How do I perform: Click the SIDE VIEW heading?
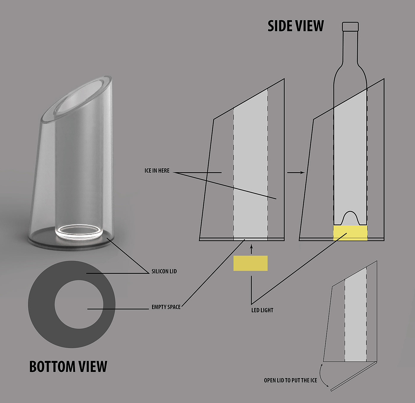click(296, 26)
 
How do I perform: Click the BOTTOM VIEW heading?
click(68, 367)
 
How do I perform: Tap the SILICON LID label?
click(164, 271)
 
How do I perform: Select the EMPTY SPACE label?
click(166, 307)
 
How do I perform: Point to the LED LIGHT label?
click(262, 310)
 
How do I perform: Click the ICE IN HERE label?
click(157, 171)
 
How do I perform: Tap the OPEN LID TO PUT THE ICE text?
click(290, 380)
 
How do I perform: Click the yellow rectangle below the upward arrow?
click(250, 263)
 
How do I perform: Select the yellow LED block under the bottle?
click(350, 233)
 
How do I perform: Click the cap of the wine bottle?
click(350, 26)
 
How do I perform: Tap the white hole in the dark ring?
click(79, 304)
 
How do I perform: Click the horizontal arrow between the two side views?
click(296, 172)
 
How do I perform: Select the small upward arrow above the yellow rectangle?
click(251, 249)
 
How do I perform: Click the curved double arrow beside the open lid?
click(323, 375)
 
